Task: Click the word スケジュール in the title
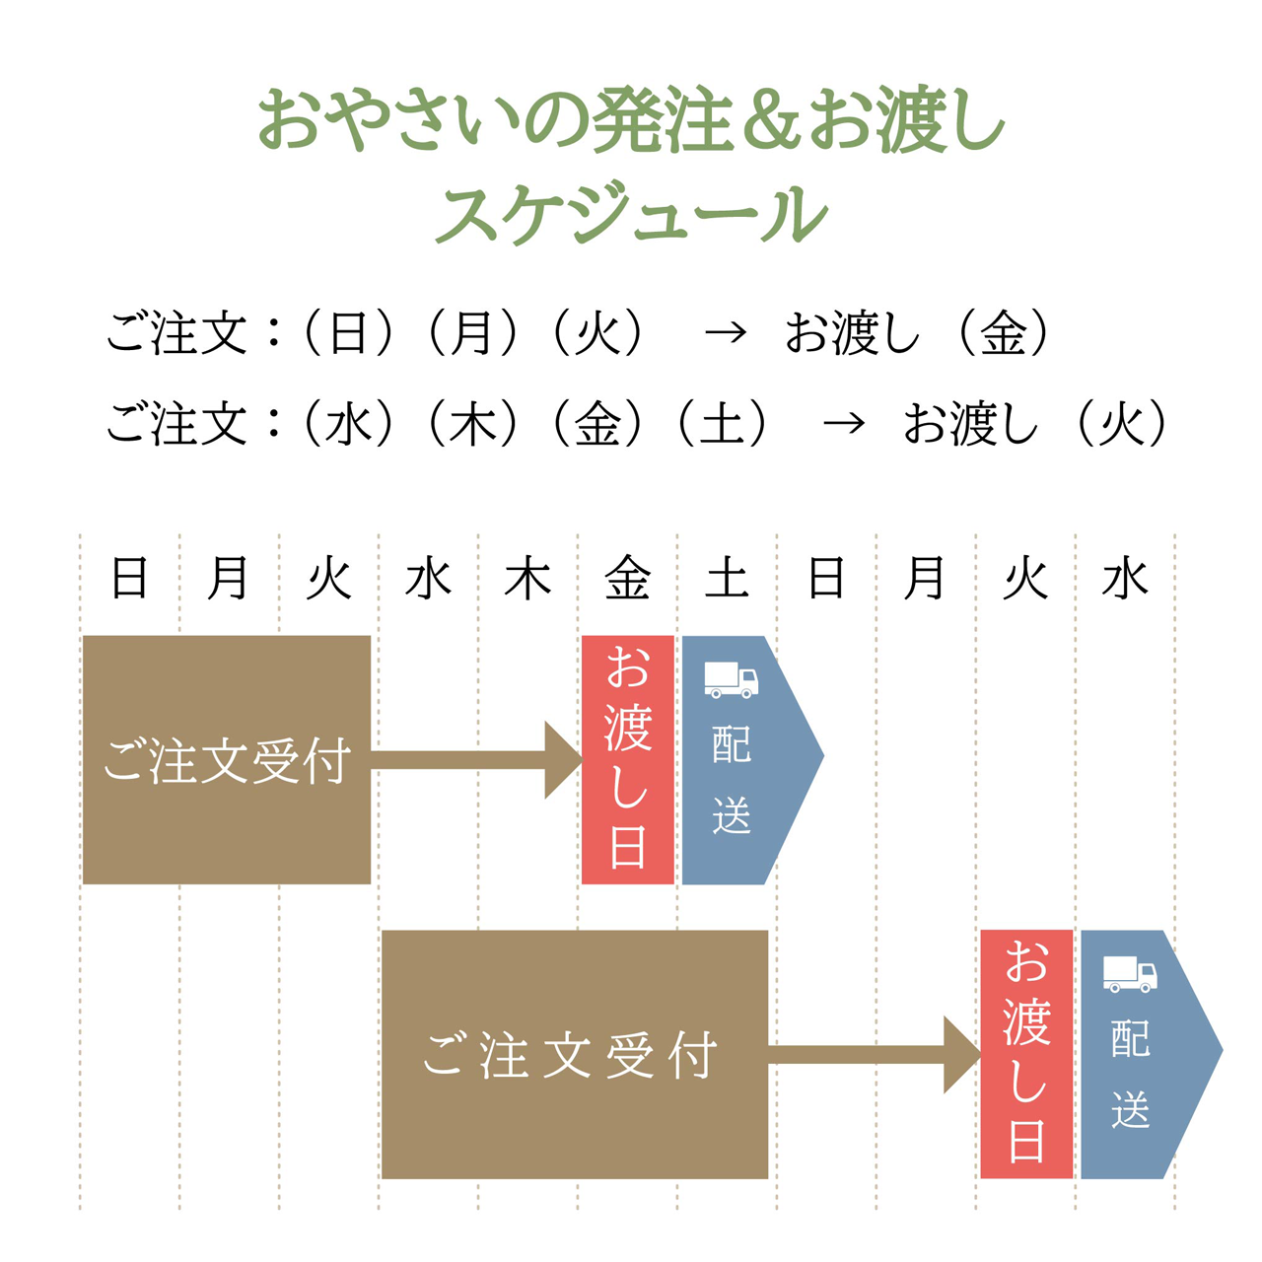tap(631, 213)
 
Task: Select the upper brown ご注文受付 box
tap(227, 760)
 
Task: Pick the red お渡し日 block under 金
tap(628, 760)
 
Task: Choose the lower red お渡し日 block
tap(1026, 1054)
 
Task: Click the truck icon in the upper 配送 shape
tap(731, 679)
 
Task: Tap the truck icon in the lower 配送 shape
tap(1129, 973)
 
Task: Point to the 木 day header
tap(527, 579)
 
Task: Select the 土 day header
tap(727, 579)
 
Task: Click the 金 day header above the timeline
tap(628, 579)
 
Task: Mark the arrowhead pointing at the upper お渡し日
tap(563, 760)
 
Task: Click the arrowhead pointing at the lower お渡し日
tap(961, 1055)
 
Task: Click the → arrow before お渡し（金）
tap(726, 333)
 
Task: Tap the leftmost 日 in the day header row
tap(130, 579)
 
